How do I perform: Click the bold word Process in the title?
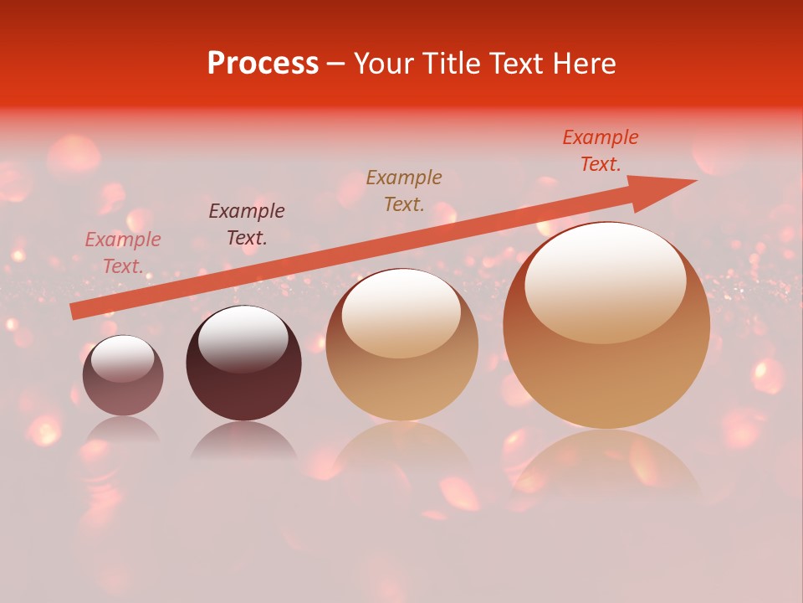pos(263,64)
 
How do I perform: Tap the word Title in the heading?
pos(457,64)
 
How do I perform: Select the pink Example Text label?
pos(123,253)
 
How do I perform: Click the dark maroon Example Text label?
pos(247,224)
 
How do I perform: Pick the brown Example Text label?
pos(404,191)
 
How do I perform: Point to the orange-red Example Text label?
pos(601,151)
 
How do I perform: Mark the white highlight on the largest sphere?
pos(606,281)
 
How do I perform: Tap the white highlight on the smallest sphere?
pos(123,358)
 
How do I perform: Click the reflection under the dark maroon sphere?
pos(243,441)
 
